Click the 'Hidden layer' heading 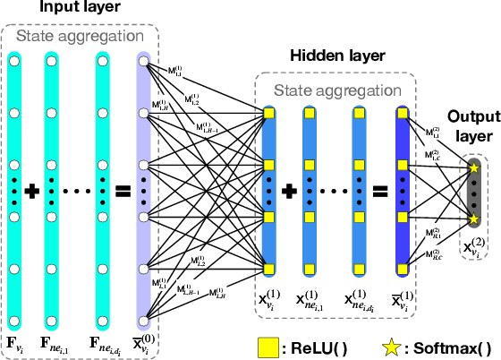pyautogui.click(x=335, y=56)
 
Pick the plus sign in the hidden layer pyautogui.click(x=289, y=191)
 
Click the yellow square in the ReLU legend pyautogui.click(x=266, y=346)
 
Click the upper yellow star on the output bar pyautogui.click(x=473, y=167)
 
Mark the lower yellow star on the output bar pyautogui.click(x=473, y=219)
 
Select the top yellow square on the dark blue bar pyautogui.click(x=402, y=114)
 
